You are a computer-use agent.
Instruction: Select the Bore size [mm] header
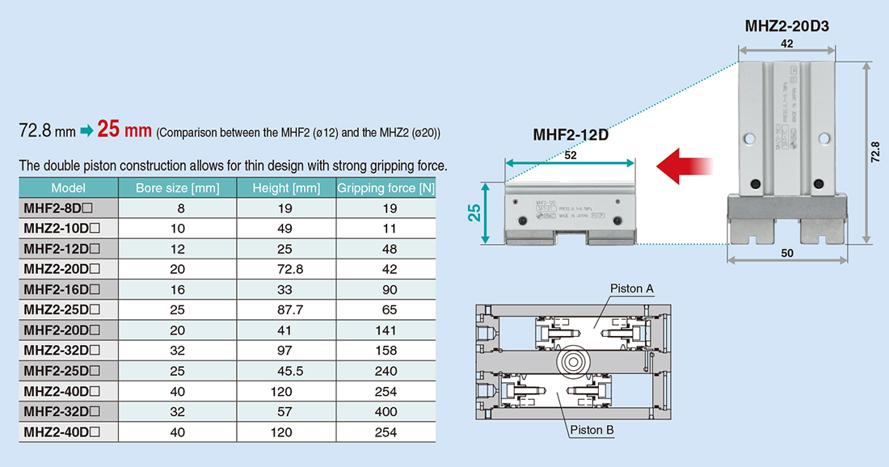(176, 188)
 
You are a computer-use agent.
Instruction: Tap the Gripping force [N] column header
(386, 188)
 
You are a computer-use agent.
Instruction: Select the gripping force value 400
(386, 411)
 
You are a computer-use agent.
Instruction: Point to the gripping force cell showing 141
(386, 330)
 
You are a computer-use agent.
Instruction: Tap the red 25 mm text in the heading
(124, 129)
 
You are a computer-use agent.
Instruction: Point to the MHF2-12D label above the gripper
(571, 135)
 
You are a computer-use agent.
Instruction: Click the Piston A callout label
(632, 288)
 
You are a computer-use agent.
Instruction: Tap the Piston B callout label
(592, 430)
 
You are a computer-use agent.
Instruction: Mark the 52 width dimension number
(571, 156)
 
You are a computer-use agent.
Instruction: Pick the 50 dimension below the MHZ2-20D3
(788, 253)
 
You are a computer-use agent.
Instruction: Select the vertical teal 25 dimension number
(474, 212)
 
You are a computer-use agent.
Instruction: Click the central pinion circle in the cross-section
(571, 360)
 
